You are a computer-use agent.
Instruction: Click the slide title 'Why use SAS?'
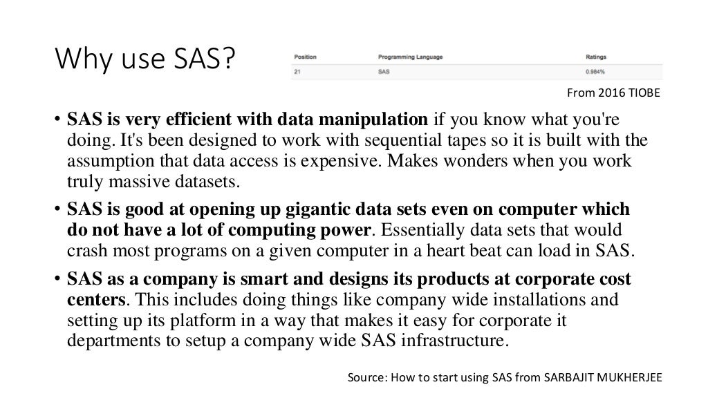pos(145,63)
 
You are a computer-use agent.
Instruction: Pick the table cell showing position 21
pos(298,72)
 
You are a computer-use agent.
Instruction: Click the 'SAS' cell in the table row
pos(384,72)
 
